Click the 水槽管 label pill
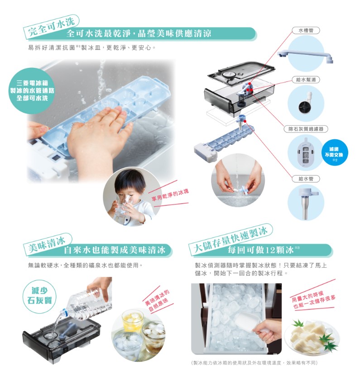tap(306, 31)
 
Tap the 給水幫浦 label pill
tap(306, 80)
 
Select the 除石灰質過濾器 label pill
tap(306, 129)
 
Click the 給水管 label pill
tap(306, 179)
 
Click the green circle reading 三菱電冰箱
tap(32, 90)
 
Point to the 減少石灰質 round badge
tap(39, 295)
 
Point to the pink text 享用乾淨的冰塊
tap(170, 195)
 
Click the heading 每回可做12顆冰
tap(261, 250)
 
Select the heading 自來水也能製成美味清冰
tap(115, 250)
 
